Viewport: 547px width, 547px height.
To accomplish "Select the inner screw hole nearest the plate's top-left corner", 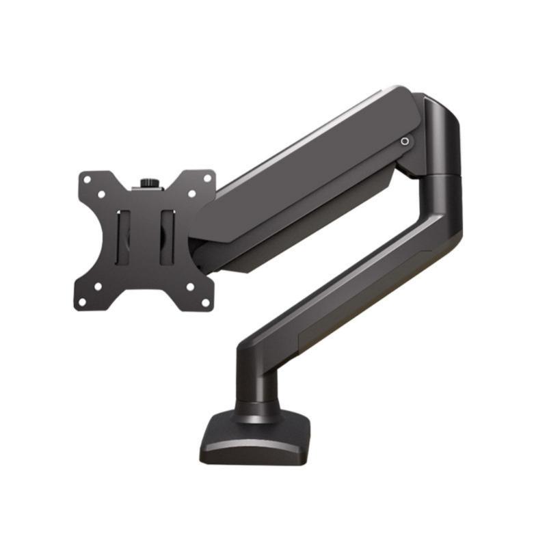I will click(x=101, y=194).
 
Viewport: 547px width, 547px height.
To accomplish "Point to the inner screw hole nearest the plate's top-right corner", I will click(x=192, y=194).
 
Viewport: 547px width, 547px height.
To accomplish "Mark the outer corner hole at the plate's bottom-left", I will click(x=82, y=302).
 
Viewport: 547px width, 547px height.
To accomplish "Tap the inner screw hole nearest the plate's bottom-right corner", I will click(x=189, y=287).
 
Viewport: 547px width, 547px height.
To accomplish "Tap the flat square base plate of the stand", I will click(x=253, y=444).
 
